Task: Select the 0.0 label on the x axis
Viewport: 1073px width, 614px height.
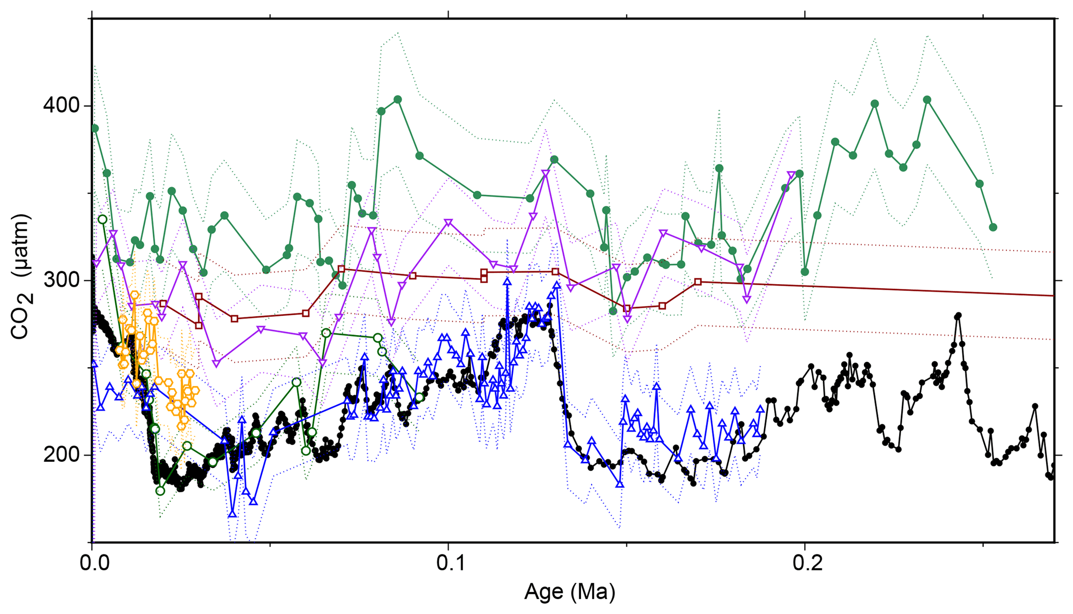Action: coord(92,563)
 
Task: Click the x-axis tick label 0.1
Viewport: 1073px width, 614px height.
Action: coord(448,563)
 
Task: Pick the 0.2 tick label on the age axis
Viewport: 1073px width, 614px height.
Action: coord(804,563)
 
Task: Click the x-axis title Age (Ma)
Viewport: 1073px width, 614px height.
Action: coord(569,592)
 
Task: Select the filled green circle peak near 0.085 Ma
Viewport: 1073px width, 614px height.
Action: coord(398,99)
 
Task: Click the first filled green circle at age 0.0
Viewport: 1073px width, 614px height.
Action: coord(94,128)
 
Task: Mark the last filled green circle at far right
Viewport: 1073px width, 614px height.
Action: coord(993,227)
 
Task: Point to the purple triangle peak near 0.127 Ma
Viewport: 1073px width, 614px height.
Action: coord(546,173)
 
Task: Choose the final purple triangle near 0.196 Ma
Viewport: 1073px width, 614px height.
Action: coord(791,175)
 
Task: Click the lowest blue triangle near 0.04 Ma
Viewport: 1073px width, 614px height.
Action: coord(232,513)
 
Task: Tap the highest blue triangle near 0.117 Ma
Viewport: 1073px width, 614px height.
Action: coord(507,282)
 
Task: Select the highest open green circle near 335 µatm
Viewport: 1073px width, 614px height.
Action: coord(102,219)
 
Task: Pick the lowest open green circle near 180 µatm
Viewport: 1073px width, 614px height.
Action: coord(160,491)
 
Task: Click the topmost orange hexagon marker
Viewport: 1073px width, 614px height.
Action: coord(134,295)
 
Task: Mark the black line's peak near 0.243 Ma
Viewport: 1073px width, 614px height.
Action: coord(958,315)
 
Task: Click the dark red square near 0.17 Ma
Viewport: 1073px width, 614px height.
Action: coord(698,282)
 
